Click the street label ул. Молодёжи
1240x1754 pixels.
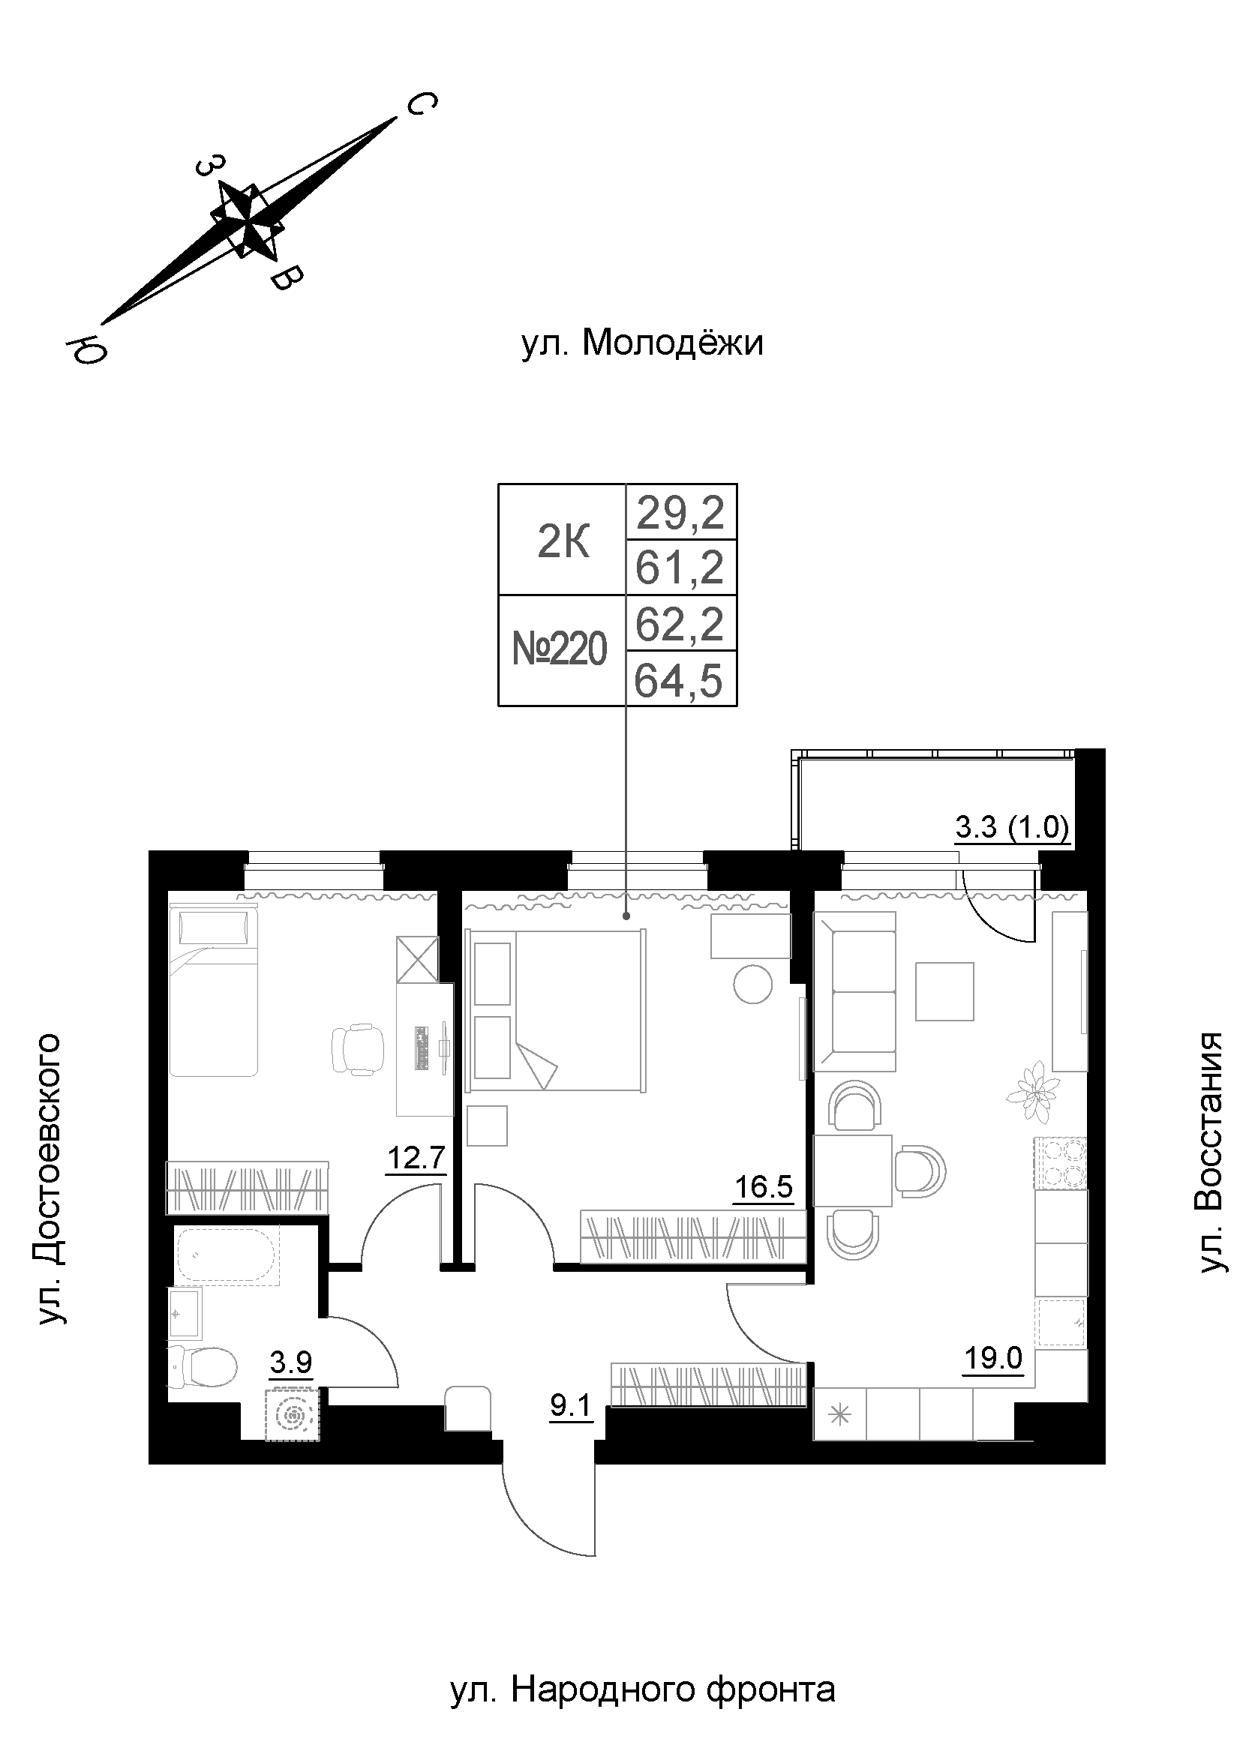642,343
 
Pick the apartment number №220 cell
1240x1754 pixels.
560,650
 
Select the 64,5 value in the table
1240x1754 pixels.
678,681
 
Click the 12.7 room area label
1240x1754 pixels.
416,1158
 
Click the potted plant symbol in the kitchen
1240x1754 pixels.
1034,1093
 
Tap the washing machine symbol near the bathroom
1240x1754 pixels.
292,1415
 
